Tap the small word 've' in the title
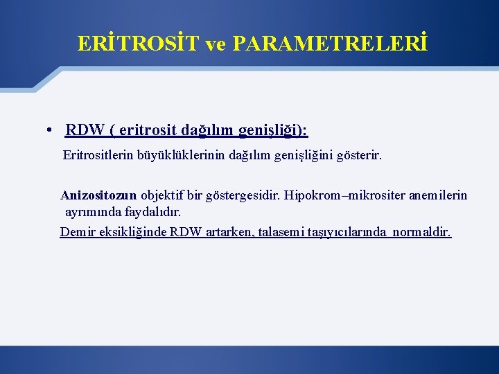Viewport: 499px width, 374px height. pyautogui.click(x=217, y=44)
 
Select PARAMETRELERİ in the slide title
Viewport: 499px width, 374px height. pyautogui.click(x=331, y=44)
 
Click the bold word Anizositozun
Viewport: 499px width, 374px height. pyautogui.click(x=98, y=195)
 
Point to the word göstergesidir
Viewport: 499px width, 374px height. pyautogui.click(x=237, y=195)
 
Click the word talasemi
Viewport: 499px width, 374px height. pyautogui.click(x=281, y=232)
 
